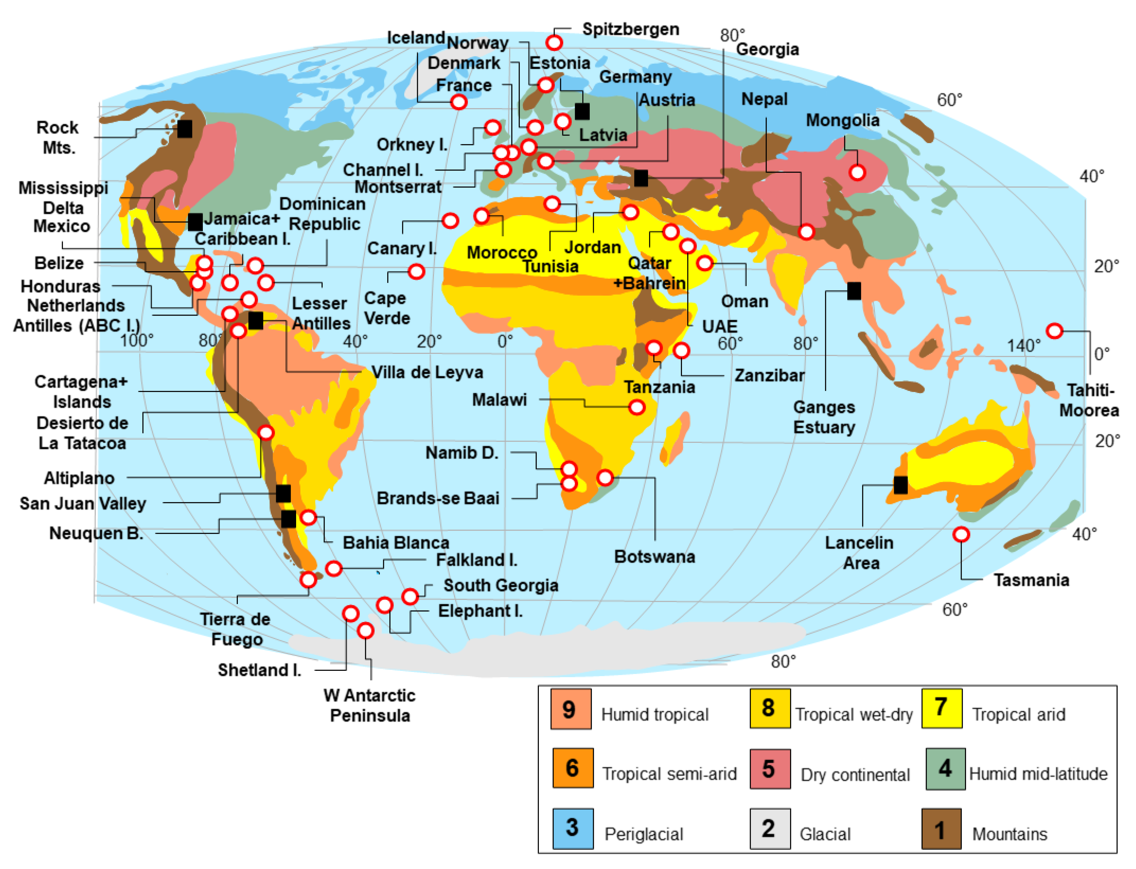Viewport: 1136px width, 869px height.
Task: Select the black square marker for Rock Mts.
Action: pos(185,129)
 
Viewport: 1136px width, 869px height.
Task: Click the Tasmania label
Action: pos(1031,580)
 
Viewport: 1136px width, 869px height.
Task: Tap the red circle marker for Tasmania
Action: pos(961,534)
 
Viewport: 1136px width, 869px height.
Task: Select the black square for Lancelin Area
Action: pos(900,485)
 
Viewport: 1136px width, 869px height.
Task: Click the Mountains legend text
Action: pos(1009,834)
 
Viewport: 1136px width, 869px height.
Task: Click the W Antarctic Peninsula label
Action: pos(370,705)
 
